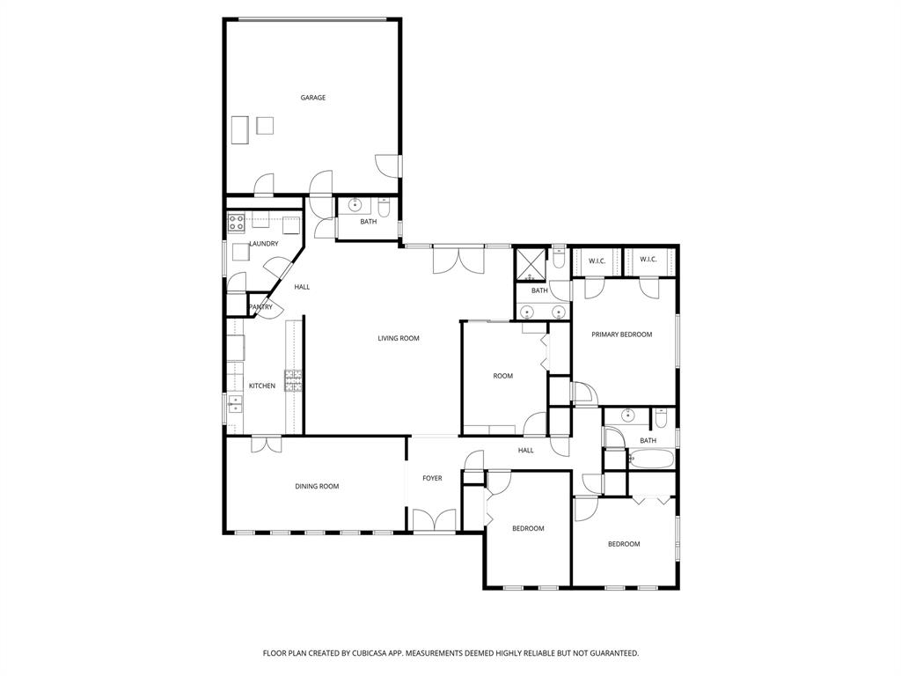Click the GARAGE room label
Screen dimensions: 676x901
(313, 98)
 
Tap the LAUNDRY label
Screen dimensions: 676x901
(264, 244)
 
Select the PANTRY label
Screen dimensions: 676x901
(260, 307)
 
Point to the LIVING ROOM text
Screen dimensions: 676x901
(399, 338)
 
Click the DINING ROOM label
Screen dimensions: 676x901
(317, 486)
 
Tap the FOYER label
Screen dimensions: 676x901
(432, 478)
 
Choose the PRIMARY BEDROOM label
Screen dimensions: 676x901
(622, 334)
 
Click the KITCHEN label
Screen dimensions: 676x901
(262, 386)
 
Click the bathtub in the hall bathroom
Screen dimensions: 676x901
(652, 459)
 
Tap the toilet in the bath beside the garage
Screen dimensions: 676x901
(385, 208)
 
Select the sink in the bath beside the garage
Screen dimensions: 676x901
(355, 206)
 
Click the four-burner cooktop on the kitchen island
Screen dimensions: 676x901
(294, 380)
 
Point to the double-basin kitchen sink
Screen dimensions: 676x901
(234, 404)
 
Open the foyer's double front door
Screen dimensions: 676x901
(435, 521)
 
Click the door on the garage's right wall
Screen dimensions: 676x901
(388, 165)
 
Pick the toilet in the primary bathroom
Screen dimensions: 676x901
(560, 260)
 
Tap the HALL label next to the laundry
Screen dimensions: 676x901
(302, 286)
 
